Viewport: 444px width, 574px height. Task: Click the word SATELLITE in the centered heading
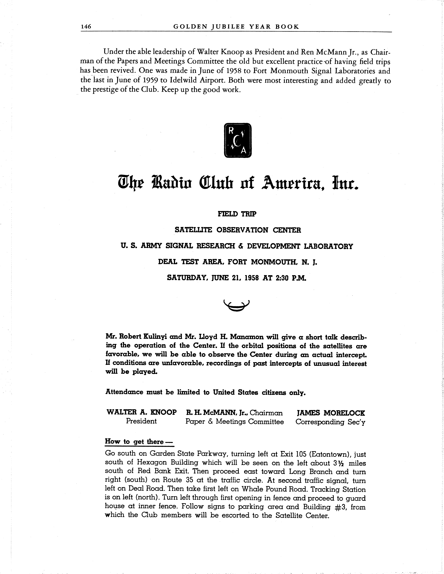[193, 230]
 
